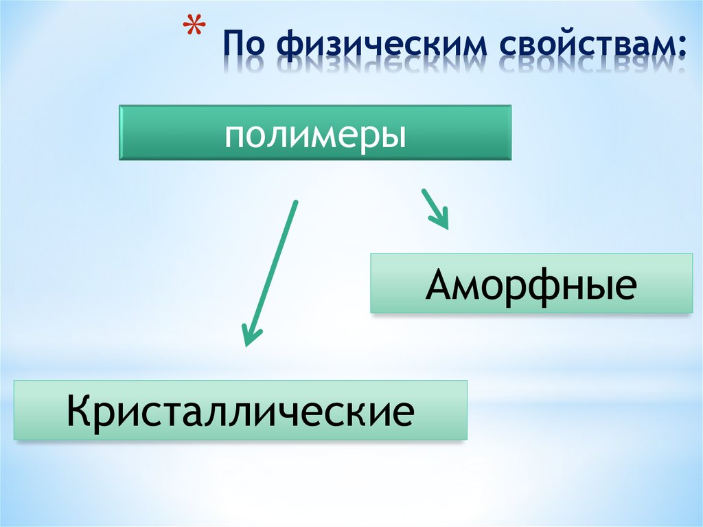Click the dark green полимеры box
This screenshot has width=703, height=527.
pos(315,133)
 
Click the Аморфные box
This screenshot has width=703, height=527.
pos(531,283)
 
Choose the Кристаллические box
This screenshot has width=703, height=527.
pos(240,410)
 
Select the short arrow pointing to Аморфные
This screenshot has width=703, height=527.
pos(435,208)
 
